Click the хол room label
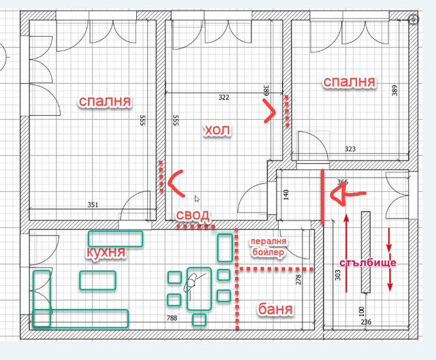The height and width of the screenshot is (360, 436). [x=217, y=130]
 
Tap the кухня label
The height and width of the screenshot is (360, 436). [x=106, y=252]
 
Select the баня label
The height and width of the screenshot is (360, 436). [x=275, y=309]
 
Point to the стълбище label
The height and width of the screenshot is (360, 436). [x=368, y=263]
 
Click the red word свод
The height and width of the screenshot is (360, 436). [x=193, y=215]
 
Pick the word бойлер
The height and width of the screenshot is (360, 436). [x=268, y=252]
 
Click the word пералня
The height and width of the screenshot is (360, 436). [x=268, y=241]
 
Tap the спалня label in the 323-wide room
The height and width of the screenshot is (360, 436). [x=349, y=82]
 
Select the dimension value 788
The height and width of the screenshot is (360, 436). [x=172, y=318]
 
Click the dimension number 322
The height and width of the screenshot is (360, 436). [x=224, y=97]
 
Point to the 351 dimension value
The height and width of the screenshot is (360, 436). [x=93, y=205]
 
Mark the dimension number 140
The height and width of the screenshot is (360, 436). [x=286, y=195]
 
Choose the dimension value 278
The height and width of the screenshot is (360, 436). [x=298, y=280]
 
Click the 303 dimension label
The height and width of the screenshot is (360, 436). [x=338, y=275]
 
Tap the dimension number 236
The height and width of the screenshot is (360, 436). [x=366, y=322]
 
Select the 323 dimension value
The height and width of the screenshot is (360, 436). [x=350, y=149]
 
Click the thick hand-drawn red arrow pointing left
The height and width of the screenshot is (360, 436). [x=347, y=194]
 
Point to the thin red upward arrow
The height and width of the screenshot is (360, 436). [x=346, y=252]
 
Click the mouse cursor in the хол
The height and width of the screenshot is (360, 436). [x=197, y=199]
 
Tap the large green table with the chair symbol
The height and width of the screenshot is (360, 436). [x=199, y=289]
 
